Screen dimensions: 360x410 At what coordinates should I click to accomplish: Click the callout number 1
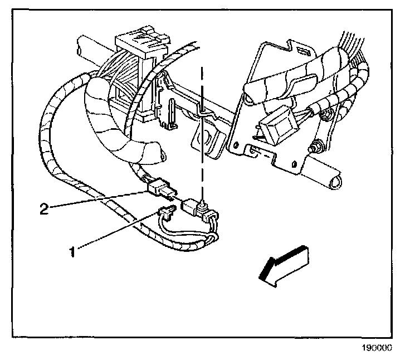[72, 251]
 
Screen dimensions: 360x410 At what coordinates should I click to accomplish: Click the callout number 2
[43, 210]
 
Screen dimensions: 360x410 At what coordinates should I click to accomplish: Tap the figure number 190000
[378, 347]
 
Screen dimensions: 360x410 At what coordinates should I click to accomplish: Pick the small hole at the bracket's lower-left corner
[253, 149]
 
